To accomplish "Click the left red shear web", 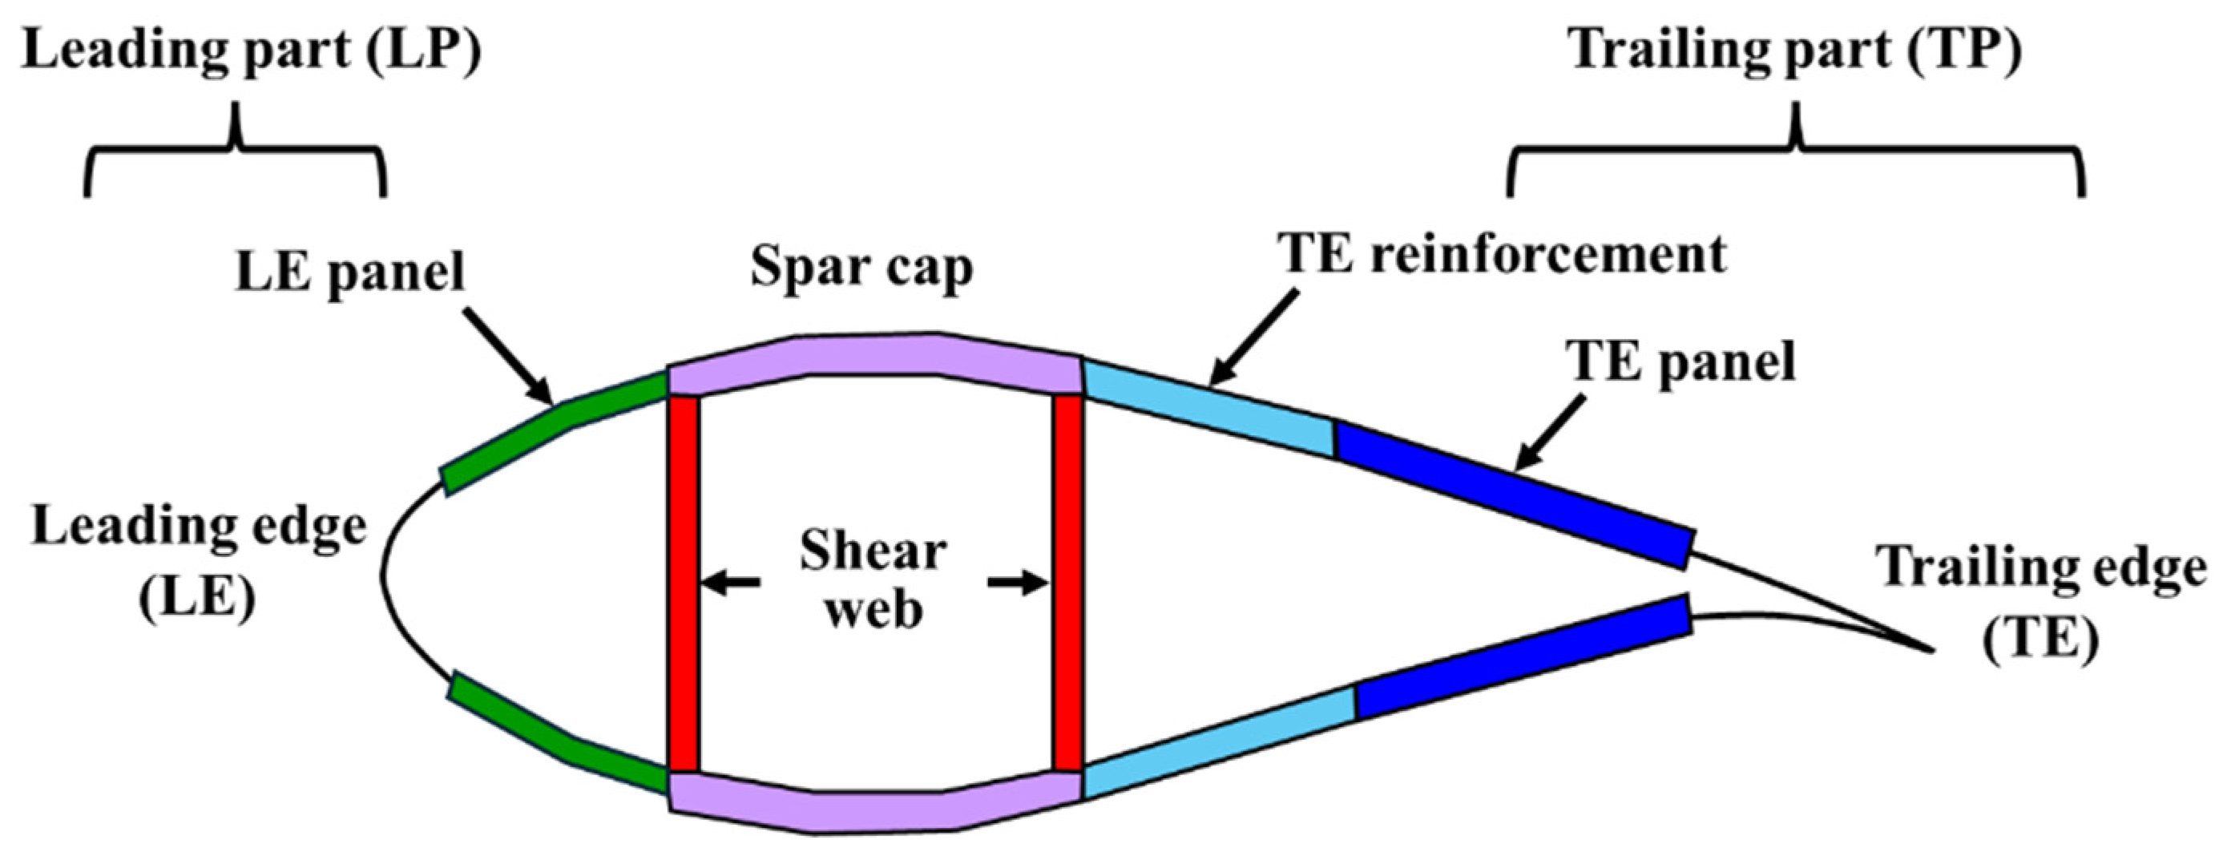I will click(683, 583).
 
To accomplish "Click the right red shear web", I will click(1067, 583).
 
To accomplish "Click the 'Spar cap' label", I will click(861, 268).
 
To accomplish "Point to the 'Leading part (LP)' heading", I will click(251, 50).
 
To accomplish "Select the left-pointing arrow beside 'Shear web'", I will click(731, 584).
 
